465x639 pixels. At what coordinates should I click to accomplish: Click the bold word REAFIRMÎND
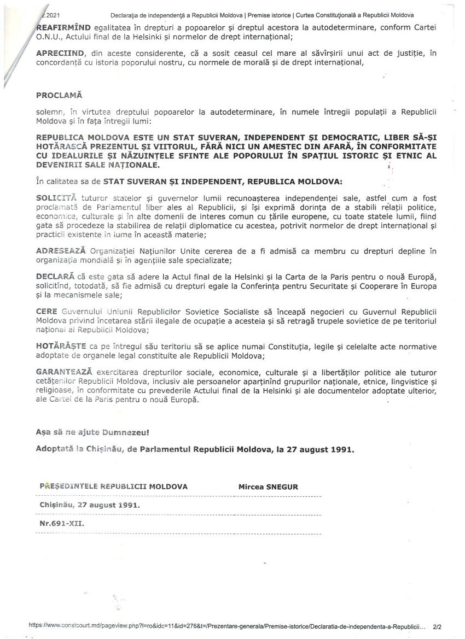pyautogui.click(x=60, y=26)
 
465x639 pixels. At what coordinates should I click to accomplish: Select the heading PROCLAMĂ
pyautogui.click(x=59, y=95)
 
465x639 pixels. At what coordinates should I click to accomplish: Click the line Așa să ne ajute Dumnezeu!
pyautogui.click(x=92, y=432)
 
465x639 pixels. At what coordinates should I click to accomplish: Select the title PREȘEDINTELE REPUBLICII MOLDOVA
pyautogui.click(x=113, y=486)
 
